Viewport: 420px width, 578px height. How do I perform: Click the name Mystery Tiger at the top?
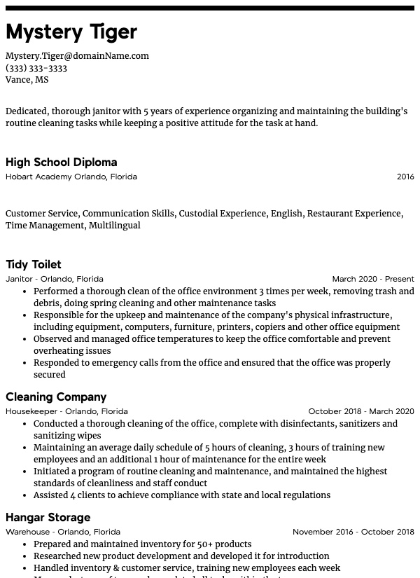(x=71, y=32)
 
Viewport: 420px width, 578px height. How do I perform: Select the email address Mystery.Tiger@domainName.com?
(x=77, y=56)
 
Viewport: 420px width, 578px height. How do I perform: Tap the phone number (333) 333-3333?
(x=36, y=68)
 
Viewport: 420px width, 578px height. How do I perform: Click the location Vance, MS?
(x=27, y=80)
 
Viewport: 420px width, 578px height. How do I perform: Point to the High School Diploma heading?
(x=62, y=162)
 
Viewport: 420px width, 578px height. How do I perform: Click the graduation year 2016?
(x=405, y=177)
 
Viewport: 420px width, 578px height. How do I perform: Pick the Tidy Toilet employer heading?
(x=34, y=264)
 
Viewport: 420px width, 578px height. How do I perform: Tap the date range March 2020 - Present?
(x=373, y=279)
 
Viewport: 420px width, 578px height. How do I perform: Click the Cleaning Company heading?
(x=56, y=397)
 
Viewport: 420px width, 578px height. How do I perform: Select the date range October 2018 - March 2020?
(x=361, y=411)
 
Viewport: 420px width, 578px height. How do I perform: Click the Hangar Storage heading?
(x=48, y=517)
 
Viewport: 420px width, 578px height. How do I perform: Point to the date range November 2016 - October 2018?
(x=353, y=532)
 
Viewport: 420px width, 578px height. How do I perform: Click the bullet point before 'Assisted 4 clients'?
(x=25, y=495)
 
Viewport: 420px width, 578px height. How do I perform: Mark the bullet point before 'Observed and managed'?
(x=25, y=339)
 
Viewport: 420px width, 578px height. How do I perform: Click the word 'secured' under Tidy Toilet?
(x=50, y=375)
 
